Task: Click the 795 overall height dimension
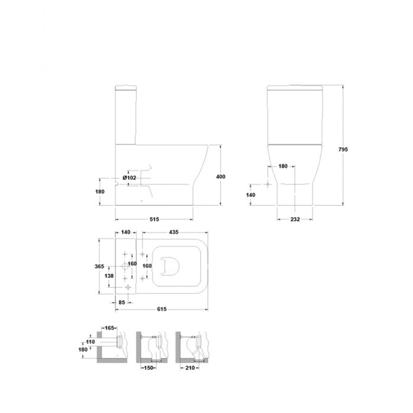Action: pos(343,149)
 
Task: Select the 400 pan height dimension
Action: pos(221,176)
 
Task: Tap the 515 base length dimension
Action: pos(155,219)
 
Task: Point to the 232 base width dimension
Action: pos(295,219)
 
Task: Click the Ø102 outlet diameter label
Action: pos(129,178)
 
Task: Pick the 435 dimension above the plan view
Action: pos(173,232)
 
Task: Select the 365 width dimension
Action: pos(99,266)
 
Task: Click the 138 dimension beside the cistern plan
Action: pos(109,276)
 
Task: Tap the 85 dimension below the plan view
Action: pos(122,302)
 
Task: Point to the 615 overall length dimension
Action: pos(162,309)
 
